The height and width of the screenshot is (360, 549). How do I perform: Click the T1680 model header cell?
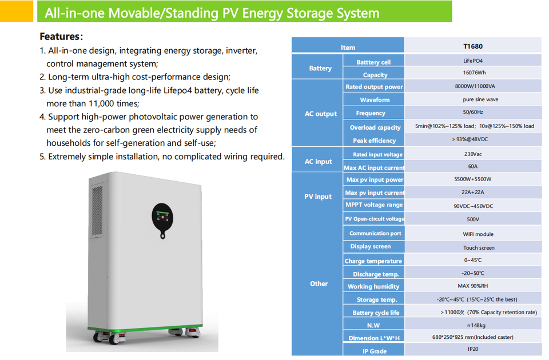click(x=472, y=46)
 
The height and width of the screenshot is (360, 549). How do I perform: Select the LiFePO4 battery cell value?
click(x=472, y=61)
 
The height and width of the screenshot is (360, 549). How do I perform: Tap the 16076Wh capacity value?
click(x=472, y=74)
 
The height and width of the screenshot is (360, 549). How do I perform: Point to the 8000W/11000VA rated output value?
click(x=472, y=87)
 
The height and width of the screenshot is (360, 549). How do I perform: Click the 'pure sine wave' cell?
click(x=472, y=99)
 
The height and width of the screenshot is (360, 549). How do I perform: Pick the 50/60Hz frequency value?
click(x=472, y=113)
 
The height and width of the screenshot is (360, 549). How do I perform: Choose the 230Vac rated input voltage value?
click(x=472, y=154)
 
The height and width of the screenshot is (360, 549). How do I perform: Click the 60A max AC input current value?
click(x=472, y=167)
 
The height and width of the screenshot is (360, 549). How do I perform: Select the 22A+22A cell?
click(x=472, y=193)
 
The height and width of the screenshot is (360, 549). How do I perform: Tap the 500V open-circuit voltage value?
click(x=472, y=219)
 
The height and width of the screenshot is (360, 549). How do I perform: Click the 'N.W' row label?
click(x=373, y=325)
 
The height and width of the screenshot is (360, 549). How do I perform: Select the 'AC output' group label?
click(x=320, y=114)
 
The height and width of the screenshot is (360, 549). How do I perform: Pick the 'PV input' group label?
click(x=318, y=197)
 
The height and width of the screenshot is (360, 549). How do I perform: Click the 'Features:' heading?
click(x=61, y=37)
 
